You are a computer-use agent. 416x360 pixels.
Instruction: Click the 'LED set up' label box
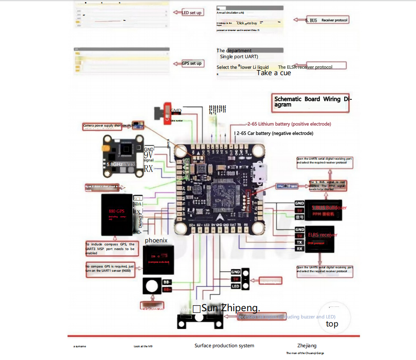(x=192, y=13)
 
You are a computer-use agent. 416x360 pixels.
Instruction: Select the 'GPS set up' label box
(x=192, y=63)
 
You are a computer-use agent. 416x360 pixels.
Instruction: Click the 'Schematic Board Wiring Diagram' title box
(x=312, y=102)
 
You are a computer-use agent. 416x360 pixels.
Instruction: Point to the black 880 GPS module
(x=116, y=214)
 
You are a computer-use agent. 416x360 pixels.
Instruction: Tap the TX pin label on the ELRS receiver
(x=300, y=242)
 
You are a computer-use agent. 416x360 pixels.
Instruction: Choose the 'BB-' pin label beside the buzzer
(x=167, y=282)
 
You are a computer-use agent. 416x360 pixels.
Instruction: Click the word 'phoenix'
(x=156, y=240)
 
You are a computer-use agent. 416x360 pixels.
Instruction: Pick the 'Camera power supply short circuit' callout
(x=108, y=126)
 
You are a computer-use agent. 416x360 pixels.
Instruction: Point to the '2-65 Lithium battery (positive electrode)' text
(x=289, y=124)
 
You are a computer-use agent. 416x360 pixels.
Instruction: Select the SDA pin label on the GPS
(x=138, y=205)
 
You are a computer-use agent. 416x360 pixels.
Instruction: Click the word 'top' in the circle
(x=332, y=324)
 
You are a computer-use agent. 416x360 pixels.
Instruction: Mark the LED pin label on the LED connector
(x=235, y=287)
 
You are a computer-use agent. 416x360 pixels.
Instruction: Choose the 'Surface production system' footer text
(x=224, y=346)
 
